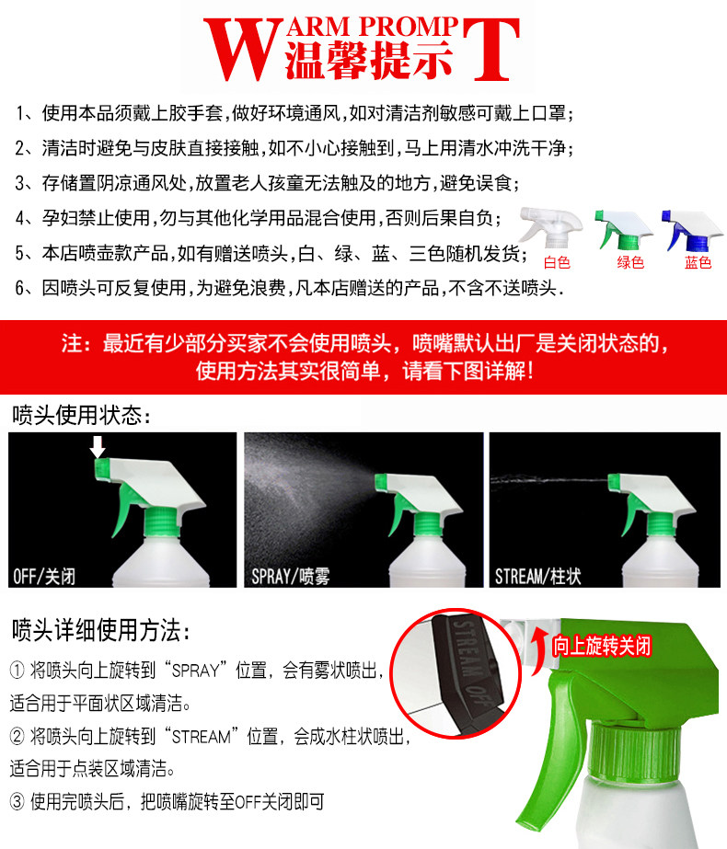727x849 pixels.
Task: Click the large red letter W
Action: tap(243, 50)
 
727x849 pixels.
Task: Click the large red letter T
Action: tap(491, 50)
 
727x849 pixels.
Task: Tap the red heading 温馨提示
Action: tap(368, 60)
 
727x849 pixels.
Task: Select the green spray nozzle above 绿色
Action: tap(623, 230)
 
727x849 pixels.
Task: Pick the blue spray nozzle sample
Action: tap(692, 230)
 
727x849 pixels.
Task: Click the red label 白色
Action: tap(557, 262)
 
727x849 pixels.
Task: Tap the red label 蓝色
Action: tap(698, 262)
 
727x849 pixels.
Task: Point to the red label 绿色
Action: tap(630, 262)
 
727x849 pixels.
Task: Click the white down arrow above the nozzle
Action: tap(98, 447)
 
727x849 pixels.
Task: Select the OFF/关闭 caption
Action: tap(44, 576)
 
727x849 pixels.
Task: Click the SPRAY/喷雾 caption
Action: tap(291, 576)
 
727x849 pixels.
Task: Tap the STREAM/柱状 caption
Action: tap(538, 576)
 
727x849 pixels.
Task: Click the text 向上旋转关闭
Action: tap(601, 646)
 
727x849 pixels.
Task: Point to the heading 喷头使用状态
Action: tap(81, 415)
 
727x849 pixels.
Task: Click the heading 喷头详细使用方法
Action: tap(100, 630)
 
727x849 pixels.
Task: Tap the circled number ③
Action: tap(17, 801)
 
